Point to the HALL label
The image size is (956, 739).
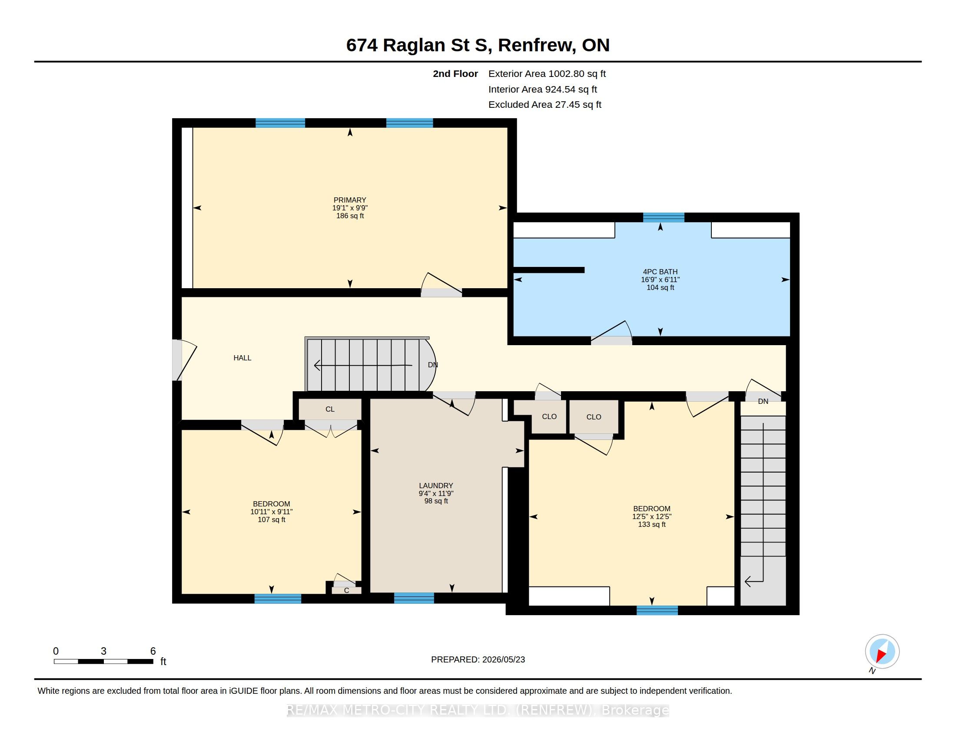point(242,358)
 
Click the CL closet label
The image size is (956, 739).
point(330,409)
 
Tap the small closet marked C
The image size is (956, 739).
point(347,591)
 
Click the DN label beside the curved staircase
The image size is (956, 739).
point(432,365)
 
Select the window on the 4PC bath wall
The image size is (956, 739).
point(664,218)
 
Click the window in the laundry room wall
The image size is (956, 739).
point(414,598)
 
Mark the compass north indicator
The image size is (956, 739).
point(882,652)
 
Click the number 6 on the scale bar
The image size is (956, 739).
point(153,652)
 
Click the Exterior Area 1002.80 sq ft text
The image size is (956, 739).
point(547,74)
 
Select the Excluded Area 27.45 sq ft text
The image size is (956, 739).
point(545,105)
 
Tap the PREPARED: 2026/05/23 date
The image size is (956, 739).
point(478,660)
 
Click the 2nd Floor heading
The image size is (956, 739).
point(455,74)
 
